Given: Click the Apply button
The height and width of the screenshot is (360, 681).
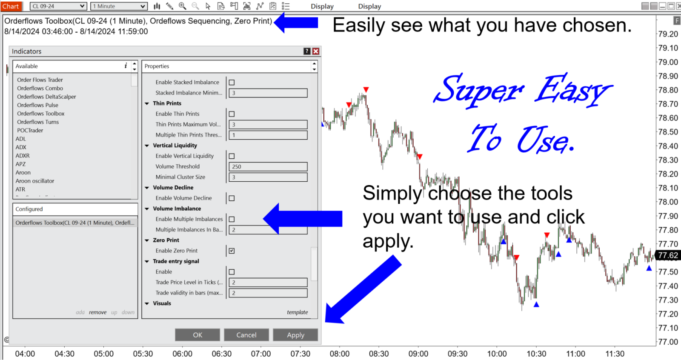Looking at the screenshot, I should (x=295, y=335).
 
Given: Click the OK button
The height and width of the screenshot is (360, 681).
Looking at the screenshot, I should (x=197, y=335).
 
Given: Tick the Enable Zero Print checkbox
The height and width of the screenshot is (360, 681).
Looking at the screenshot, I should (x=232, y=251).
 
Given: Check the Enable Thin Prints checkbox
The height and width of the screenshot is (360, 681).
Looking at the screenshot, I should (x=232, y=114).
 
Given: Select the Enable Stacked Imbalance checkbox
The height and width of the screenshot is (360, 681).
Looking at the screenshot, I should (x=232, y=83).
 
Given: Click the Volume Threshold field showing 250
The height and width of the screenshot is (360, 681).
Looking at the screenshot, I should (x=268, y=167).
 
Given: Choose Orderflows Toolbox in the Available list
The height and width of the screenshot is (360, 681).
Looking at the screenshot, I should (x=41, y=114).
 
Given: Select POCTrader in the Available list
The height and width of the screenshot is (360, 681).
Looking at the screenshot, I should (x=30, y=130).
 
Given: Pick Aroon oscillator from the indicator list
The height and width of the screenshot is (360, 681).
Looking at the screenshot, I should (x=35, y=181).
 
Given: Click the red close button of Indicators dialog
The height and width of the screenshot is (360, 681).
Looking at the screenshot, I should (x=316, y=51).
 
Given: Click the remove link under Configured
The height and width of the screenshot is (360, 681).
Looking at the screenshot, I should (x=97, y=312).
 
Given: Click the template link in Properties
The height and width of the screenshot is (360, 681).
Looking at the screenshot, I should (x=297, y=312).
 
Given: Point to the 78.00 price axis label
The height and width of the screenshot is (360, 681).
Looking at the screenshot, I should (x=668, y=202).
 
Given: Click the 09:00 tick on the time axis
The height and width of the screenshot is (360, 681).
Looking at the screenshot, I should (x=418, y=354).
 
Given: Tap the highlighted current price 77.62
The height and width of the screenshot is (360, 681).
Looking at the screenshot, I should (x=667, y=255).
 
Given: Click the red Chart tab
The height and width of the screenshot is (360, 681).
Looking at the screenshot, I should (x=11, y=6).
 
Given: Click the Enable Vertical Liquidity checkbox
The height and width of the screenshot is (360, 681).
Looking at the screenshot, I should (x=232, y=156).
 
